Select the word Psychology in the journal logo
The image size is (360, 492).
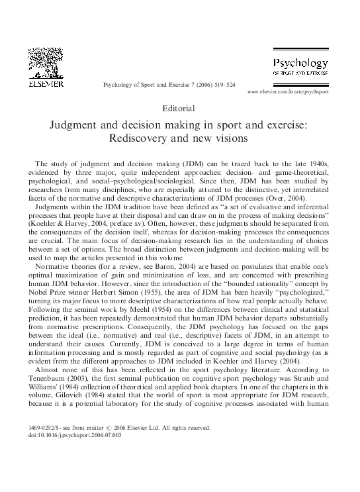[300, 64]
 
